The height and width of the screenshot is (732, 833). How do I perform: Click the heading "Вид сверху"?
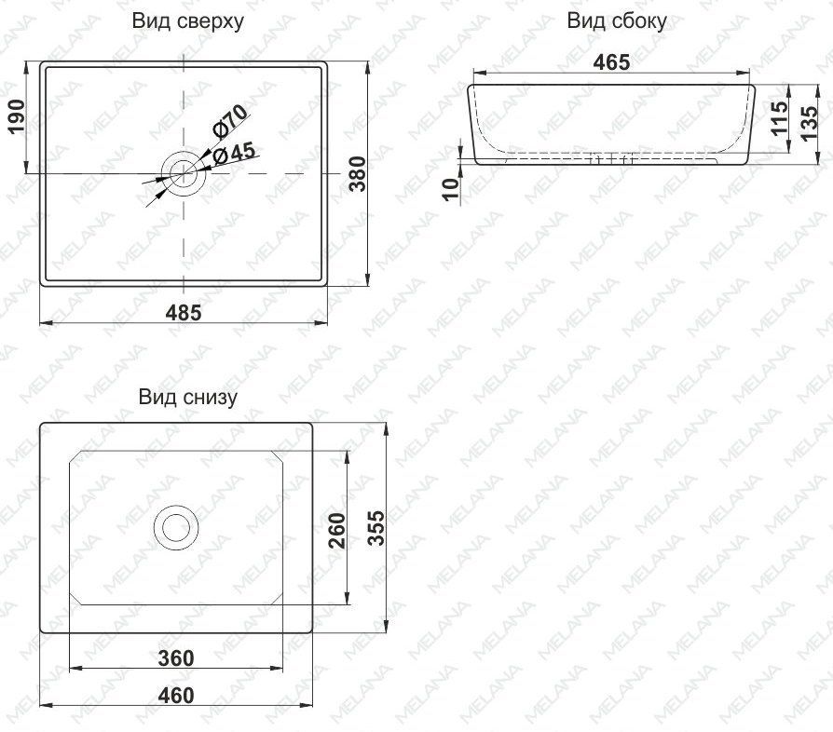click(x=188, y=21)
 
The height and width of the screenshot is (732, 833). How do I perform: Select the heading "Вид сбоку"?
click(x=616, y=21)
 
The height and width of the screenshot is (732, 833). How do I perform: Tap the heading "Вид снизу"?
click(x=188, y=397)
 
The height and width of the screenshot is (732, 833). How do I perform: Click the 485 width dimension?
click(x=184, y=313)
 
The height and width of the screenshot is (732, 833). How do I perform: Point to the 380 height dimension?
click(x=358, y=173)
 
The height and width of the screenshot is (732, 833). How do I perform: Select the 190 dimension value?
click(x=16, y=116)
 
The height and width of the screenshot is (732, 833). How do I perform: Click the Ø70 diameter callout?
click(x=229, y=121)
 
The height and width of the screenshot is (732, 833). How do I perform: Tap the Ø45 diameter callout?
click(x=234, y=155)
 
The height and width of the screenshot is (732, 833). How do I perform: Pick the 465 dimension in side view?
click(x=612, y=62)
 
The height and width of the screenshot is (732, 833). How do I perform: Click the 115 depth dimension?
click(x=780, y=118)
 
